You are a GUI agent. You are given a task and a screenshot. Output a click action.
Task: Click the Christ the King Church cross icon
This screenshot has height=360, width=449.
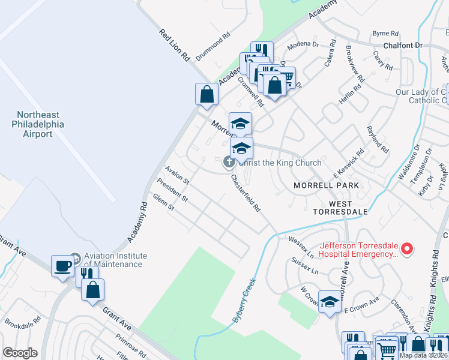pos(229,162)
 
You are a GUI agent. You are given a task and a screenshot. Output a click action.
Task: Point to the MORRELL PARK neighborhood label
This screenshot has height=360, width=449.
pos(326,185)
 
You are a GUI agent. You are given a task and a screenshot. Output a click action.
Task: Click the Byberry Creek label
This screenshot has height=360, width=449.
pos(244,301)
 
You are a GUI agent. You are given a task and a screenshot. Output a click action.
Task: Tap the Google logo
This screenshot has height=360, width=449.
pos(20,353)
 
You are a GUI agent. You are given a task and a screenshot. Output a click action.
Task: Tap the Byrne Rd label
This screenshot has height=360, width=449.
pos(385,34)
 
